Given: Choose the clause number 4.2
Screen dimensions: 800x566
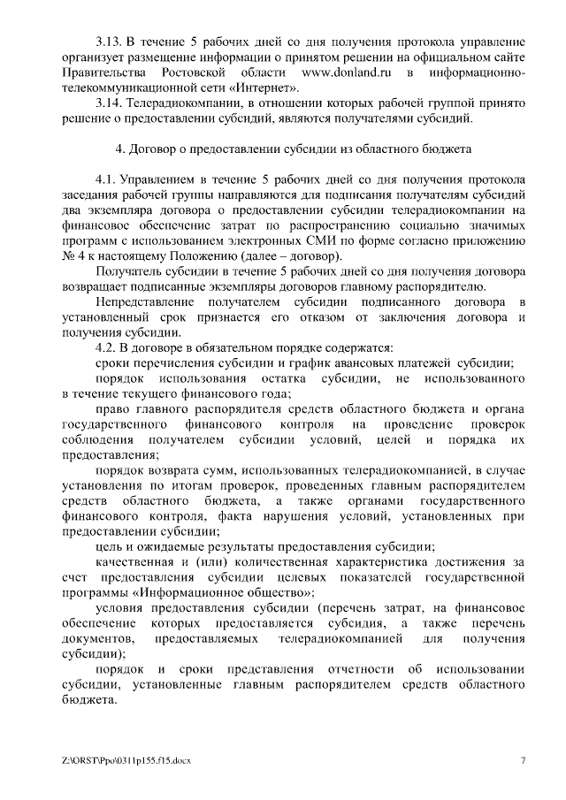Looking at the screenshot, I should pyautogui.click(x=107, y=348).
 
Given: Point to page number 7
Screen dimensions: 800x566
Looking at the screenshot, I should pyautogui.click(x=523, y=760).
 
